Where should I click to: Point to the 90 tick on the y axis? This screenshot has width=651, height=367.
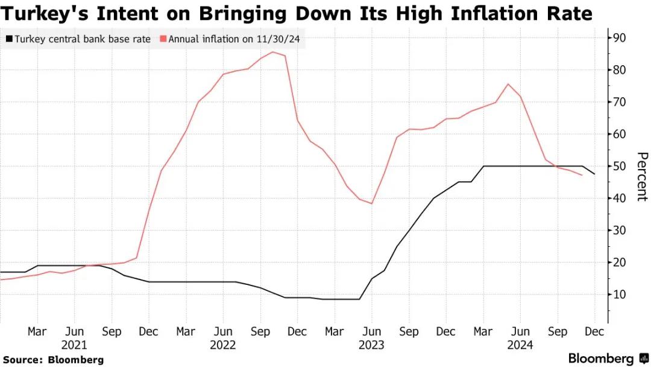(x=620, y=38)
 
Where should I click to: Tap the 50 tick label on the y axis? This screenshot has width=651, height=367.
(x=620, y=166)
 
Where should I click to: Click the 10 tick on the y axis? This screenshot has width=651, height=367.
(x=620, y=295)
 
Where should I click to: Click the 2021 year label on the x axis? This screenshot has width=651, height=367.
(x=75, y=346)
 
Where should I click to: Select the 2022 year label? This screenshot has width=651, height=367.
(x=223, y=346)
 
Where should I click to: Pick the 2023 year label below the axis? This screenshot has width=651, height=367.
(x=371, y=346)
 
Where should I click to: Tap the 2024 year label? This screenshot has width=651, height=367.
(x=520, y=346)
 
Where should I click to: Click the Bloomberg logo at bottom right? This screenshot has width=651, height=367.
(x=608, y=359)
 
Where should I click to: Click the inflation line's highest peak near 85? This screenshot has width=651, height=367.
(x=272, y=52)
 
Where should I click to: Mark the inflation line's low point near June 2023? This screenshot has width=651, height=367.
(x=372, y=203)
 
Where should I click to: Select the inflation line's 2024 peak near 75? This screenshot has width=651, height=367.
(x=508, y=84)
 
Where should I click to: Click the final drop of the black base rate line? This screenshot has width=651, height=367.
(x=590, y=170)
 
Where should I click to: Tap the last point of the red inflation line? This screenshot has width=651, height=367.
(x=582, y=175)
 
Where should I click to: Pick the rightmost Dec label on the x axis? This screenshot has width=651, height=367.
(x=594, y=331)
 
